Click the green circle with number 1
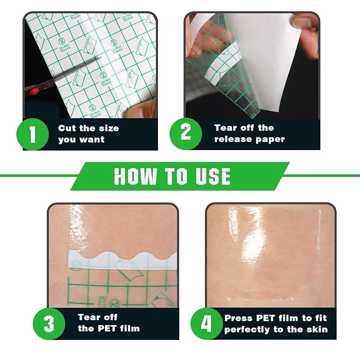click(x=32, y=134)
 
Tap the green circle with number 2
click(x=186, y=134)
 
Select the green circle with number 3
click(x=49, y=324)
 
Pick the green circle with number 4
click(x=206, y=323)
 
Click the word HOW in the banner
click(x=135, y=176)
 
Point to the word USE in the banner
click(x=213, y=176)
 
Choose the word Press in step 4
click(x=239, y=318)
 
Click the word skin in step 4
click(x=319, y=329)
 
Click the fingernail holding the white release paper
click(x=301, y=22)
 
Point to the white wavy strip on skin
click(x=122, y=260)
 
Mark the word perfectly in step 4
click(x=247, y=330)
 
